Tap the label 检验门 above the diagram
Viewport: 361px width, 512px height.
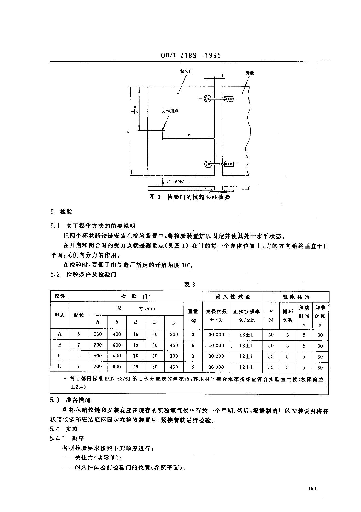click(x=187, y=71)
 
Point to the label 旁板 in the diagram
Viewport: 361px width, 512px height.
click(x=250, y=73)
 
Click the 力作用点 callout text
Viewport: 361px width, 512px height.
click(x=170, y=111)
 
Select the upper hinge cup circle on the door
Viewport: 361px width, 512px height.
click(x=207, y=98)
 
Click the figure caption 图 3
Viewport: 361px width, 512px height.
click(x=155, y=197)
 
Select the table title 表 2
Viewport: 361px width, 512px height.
click(x=190, y=284)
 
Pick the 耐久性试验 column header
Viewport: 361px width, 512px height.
click(x=233, y=297)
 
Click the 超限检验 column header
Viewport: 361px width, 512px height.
click(x=296, y=297)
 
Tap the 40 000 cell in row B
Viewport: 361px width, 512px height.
click(x=216, y=345)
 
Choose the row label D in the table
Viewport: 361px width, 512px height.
click(x=59, y=367)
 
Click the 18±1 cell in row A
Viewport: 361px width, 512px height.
click(x=246, y=334)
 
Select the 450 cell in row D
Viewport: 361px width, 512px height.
click(x=174, y=367)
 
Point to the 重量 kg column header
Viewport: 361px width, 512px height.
click(x=193, y=316)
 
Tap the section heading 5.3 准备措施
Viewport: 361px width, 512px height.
click(x=70, y=400)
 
